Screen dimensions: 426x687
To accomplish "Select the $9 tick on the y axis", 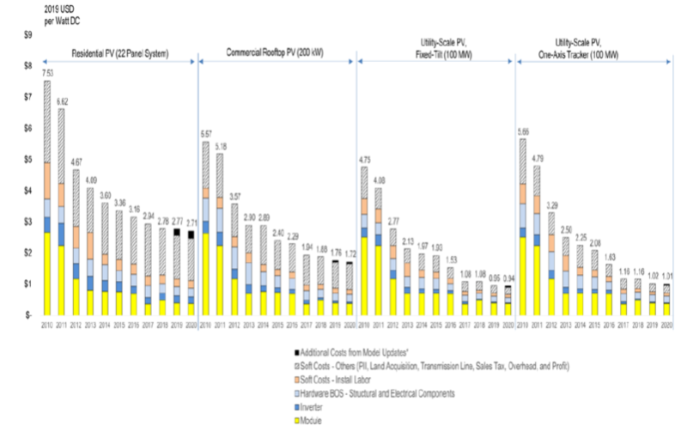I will pos(27,34).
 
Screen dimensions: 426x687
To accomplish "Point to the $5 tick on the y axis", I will pos(27,160).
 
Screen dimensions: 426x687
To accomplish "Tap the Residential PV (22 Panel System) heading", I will pos(120,53).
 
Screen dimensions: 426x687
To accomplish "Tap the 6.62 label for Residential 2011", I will pos(61,101).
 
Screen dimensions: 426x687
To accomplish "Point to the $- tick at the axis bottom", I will pos(27,316).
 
